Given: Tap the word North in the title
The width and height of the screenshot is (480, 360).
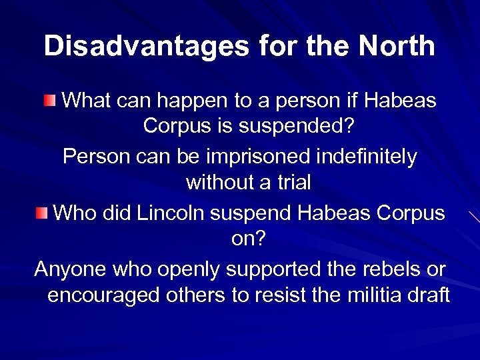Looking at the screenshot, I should (x=397, y=47).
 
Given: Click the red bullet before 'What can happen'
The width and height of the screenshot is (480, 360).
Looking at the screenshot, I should (x=51, y=101).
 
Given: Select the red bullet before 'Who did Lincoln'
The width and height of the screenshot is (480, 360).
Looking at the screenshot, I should (x=42, y=213).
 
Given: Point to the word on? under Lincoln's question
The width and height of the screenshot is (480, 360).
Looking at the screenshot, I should (x=248, y=238).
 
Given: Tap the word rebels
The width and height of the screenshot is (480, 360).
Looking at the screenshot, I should (x=387, y=269).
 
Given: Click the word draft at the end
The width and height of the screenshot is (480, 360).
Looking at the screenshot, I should (x=430, y=294).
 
